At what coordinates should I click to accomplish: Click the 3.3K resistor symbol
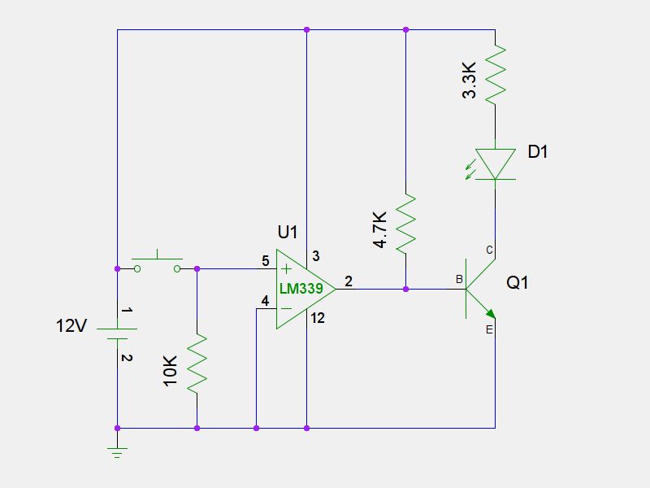pyautogui.click(x=495, y=74)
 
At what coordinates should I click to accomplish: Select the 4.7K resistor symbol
pyautogui.click(x=405, y=222)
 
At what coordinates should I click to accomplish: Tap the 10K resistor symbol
pyautogui.click(x=197, y=364)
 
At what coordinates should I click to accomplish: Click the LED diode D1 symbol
pyautogui.click(x=495, y=163)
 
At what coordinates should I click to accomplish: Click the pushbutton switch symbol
pyautogui.click(x=158, y=264)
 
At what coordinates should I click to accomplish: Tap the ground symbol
pyautogui.click(x=117, y=452)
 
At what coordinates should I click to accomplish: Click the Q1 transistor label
pyautogui.click(x=518, y=283)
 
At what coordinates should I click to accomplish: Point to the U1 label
pyautogui.click(x=288, y=232)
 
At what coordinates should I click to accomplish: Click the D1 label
pyautogui.click(x=538, y=151)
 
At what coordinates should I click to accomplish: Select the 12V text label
pyautogui.click(x=71, y=326)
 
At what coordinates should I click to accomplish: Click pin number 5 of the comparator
pyautogui.click(x=265, y=261)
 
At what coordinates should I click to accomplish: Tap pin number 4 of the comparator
pyautogui.click(x=265, y=302)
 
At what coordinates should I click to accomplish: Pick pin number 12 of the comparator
pyautogui.click(x=318, y=318)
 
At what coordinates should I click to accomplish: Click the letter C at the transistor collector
pyautogui.click(x=489, y=250)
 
